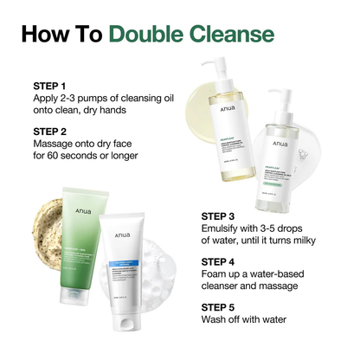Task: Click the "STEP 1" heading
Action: pyautogui.click(x=49, y=87)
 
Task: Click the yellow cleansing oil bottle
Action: pyautogui.click(x=228, y=130)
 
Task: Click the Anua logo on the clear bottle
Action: pyautogui.click(x=280, y=145)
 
